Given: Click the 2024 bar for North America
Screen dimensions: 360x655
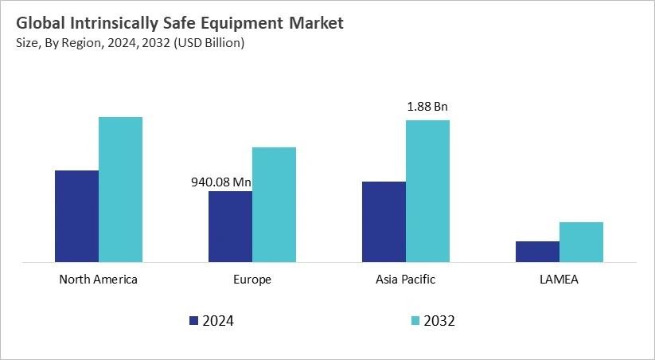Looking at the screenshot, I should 76,216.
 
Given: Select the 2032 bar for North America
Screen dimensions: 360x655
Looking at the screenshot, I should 120,190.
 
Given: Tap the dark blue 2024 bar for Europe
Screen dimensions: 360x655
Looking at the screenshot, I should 230,226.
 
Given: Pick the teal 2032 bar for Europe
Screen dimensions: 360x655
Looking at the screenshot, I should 274,205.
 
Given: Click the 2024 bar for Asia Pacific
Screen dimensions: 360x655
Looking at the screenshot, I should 384,221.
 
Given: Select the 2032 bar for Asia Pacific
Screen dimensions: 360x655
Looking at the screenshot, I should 427,191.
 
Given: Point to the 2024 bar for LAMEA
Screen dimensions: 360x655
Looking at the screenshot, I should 537,252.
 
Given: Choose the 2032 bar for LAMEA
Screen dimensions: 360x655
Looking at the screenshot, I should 581,242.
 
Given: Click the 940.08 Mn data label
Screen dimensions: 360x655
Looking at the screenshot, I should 220,182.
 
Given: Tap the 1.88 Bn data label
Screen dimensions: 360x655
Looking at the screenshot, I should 428,107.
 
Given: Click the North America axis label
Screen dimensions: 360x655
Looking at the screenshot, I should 98,280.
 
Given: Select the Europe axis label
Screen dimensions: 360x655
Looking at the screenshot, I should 252,280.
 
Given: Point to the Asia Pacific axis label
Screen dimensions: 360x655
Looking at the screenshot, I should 405,280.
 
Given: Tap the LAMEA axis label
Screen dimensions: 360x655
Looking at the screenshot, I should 559,280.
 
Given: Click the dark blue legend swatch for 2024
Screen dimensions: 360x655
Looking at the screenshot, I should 193,321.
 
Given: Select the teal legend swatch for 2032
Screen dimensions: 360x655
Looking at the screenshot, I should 414,321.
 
